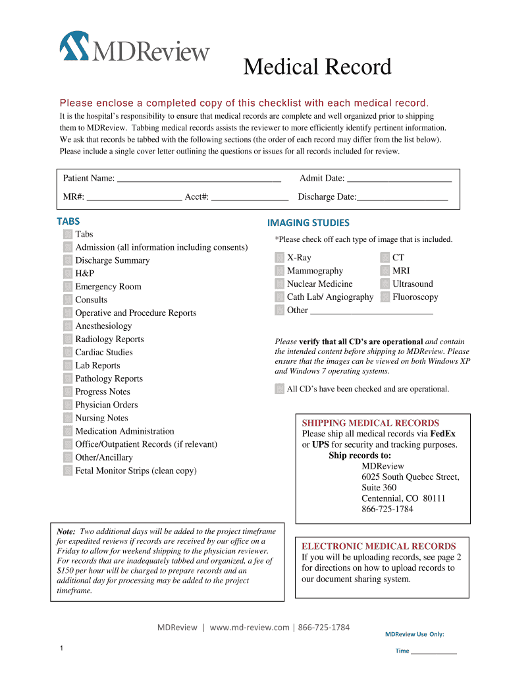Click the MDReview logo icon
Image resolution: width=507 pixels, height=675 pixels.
pos(74,45)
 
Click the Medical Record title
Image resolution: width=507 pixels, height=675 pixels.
pos(317,67)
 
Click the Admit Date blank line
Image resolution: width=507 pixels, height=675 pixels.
pos(399,179)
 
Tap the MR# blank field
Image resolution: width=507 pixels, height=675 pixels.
pos(134,197)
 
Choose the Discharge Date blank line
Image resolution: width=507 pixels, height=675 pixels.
pos(402,197)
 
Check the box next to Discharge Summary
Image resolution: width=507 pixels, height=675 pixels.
pos(68,260)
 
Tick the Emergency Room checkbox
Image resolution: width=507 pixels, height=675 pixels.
pos(68,287)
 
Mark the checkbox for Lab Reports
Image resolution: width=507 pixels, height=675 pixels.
pos(68,365)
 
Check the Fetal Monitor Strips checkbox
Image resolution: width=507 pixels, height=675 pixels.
pos(68,471)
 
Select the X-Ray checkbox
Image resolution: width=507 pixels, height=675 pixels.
pos(280,258)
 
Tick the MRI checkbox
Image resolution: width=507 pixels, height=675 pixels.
pos(385,271)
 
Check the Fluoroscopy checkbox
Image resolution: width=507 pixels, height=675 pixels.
pos(385,297)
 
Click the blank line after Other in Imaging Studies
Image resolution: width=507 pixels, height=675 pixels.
pos(371,311)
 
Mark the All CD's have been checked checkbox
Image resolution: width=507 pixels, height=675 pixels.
pos(280,389)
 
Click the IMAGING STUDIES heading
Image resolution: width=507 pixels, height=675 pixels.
pos(308,223)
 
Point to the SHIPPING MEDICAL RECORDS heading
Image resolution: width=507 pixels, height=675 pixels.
pos(370,423)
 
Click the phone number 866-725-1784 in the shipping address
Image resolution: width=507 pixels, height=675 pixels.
pos(387,509)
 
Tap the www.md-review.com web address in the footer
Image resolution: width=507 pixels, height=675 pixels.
pos(250,627)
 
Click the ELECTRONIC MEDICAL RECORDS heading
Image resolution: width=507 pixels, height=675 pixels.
pos(379,546)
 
